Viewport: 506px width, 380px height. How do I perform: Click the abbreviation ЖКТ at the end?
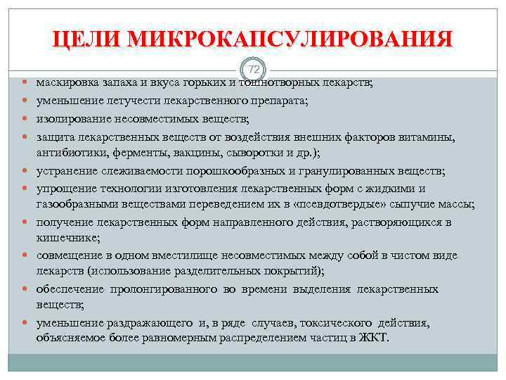(x=373, y=337)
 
